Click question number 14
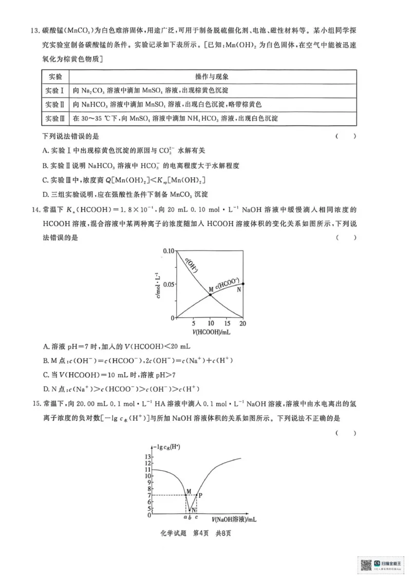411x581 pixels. [34, 210]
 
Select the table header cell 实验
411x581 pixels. [55, 77]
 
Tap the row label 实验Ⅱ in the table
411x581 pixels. [55, 105]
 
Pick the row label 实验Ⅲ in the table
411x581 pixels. [55, 119]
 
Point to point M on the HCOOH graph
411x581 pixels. [211, 293]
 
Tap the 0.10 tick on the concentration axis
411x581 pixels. [169, 250]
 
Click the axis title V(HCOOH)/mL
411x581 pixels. [211, 333]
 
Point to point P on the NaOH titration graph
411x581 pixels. [197, 495]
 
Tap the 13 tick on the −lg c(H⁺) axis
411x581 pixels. [148, 456]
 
